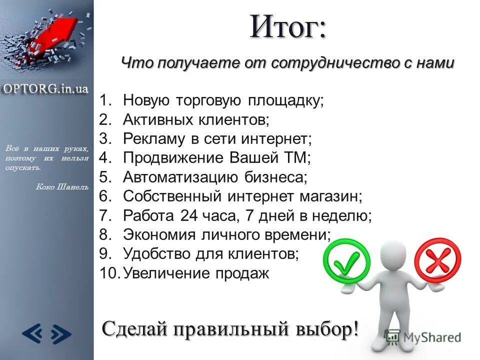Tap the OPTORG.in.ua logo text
(x=46, y=88)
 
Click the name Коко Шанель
(x=62, y=187)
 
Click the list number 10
(x=109, y=273)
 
